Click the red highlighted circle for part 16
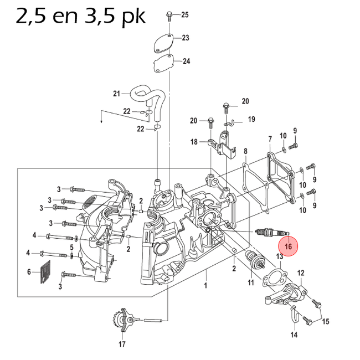coord(287,245)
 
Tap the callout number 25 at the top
coord(185,14)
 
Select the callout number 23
coord(186,38)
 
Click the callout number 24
coord(186,61)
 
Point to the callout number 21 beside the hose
coord(116,93)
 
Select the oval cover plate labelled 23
coord(162,43)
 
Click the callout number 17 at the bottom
coord(122,343)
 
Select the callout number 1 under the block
coord(206,287)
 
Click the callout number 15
coord(326,322)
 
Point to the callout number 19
coord(251,119)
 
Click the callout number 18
coord(194,142)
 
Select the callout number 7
coord(270,138)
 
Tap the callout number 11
coord(250,283)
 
